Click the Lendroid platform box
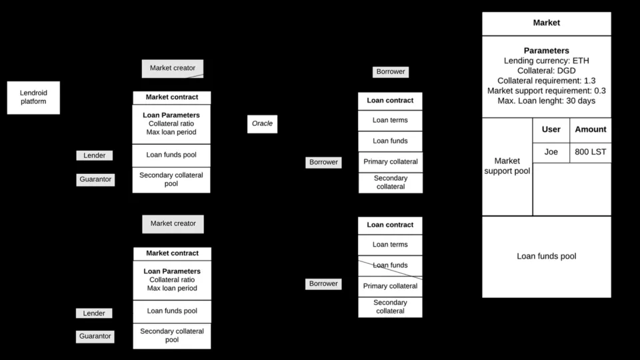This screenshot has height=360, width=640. (33, 97)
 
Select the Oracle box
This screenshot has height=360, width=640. (262, 124)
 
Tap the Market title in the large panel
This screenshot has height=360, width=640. (546, 23)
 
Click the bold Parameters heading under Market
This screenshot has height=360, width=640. (546, 51)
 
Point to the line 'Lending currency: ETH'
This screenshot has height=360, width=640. (546, 61)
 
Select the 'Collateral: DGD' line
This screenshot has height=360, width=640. (546, 71)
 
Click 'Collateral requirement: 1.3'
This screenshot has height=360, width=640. (546, 81)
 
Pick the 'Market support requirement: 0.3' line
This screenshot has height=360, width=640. (546, 91)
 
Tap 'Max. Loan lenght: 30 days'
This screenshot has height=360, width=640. (546, 101)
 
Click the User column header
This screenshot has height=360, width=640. (551, 130)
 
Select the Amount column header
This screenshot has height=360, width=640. (591, 130)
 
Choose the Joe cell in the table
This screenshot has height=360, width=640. (551, 152)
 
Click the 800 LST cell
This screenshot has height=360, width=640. (591, 152)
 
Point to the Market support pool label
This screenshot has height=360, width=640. (507, 166)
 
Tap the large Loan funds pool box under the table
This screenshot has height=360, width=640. (547, 257)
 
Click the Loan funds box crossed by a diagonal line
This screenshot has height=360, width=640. (390, 266)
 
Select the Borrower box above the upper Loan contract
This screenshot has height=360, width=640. (391, 72)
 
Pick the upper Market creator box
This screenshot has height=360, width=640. (173, 69)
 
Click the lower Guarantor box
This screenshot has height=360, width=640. (95, 336)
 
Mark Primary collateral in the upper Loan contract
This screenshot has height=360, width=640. (391, 162)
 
